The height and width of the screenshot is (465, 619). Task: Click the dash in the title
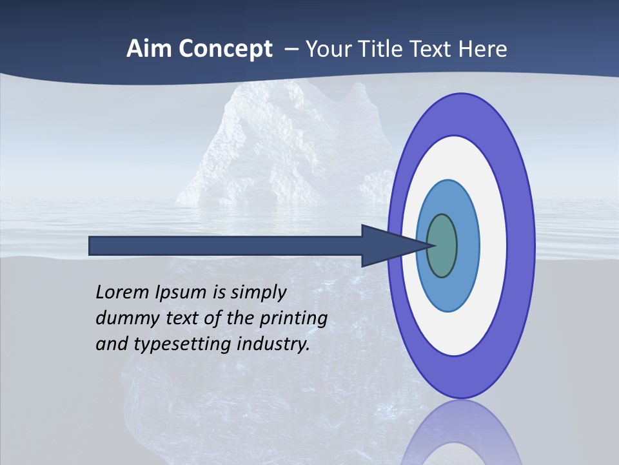click(290, 50)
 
